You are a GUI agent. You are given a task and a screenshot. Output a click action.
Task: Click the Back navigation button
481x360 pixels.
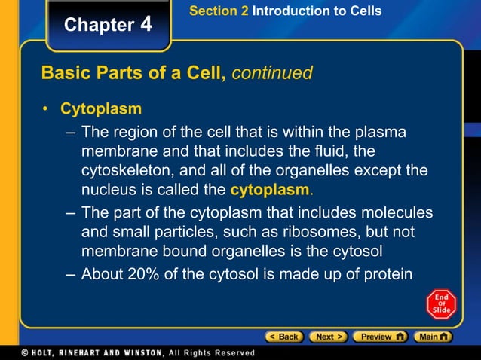point(284,337)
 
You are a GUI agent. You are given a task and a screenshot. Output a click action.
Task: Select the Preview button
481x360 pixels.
point(380,337)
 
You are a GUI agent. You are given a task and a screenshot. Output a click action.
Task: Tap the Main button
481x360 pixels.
point(435,337)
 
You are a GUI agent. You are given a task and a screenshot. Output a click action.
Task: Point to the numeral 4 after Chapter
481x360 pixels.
point(146,24)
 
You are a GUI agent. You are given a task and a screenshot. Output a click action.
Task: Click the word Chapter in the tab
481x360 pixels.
point(99,25)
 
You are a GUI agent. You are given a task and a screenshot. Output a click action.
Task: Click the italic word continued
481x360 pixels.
point(272,73)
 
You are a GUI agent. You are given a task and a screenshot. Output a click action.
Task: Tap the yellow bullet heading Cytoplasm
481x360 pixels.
point(101,109)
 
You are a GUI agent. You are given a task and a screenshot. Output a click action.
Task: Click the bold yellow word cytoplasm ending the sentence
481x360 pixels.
point(270,188)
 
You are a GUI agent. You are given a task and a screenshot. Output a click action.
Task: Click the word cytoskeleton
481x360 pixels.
point(127,170)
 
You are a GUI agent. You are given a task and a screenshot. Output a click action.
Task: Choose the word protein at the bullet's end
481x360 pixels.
point(388,273)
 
